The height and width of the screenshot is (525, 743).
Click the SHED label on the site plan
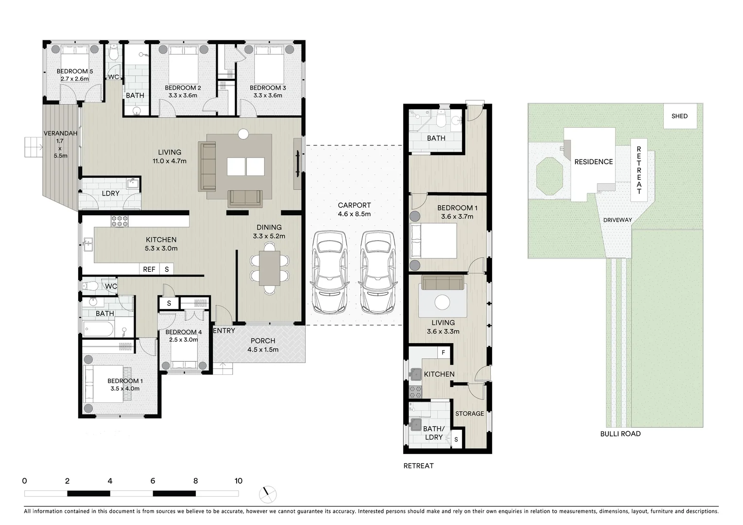click(x=679, y=116)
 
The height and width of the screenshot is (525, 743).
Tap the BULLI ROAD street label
click(x=620, y=434)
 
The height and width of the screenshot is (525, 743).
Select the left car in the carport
click(x=329, y=272)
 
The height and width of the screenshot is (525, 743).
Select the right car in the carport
click(x=377, y=272)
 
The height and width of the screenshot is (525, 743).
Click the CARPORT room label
click(x=354, y=206)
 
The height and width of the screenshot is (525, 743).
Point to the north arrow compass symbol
click(x=268, y=494)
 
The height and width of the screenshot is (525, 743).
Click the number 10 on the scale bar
click(x=238, y=481)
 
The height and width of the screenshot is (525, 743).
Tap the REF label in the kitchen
click(x=149, y=269)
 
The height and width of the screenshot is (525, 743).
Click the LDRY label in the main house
click(x=111, y=193)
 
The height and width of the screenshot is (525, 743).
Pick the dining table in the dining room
click(x=269, y=268)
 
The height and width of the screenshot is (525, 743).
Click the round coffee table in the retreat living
click(x=442, y=302)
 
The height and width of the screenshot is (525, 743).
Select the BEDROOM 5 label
click(x=74, y=71)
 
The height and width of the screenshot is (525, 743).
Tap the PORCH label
click(x=263, y=341)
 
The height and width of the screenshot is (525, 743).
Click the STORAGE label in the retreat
click(x=469, y=414)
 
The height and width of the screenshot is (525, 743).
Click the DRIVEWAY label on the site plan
click(x=617, y=220)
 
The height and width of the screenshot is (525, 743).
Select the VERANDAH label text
click(x=60, y=133)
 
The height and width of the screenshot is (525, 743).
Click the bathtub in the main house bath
click(x=99, y=330)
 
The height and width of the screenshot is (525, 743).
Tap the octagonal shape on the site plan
click(x=549, y=176)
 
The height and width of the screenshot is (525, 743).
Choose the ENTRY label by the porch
click(x=224, y=331)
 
